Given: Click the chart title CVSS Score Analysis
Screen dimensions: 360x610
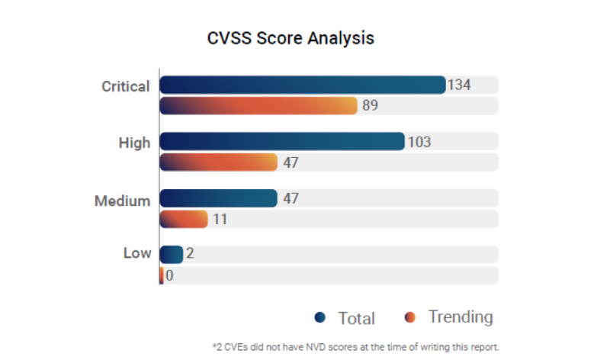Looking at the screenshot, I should [291, 37].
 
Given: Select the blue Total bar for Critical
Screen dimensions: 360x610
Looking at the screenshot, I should [302, 85].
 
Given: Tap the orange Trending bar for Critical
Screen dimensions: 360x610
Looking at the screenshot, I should [258, 105].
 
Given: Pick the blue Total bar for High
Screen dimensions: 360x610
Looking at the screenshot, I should [281, 141].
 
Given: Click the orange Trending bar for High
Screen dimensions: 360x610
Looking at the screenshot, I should [218, 162].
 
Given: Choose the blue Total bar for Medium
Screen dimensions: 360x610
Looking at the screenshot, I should [218, 198].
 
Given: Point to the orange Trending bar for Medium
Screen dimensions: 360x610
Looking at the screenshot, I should [183, 219].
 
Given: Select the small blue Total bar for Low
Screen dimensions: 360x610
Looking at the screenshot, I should [171, 254].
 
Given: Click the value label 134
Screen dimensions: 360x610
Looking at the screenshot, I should [459, 85].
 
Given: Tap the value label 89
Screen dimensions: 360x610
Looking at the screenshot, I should [371, 105].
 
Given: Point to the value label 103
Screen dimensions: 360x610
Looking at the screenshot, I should [419, 141].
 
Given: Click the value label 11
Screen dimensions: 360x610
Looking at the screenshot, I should [220, 219].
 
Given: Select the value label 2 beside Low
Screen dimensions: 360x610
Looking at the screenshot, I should [190, 254].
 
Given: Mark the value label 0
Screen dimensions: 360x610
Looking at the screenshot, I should [169, 275].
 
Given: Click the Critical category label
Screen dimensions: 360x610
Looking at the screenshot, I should [126, 86].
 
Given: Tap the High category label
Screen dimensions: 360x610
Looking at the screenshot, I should [134, 143].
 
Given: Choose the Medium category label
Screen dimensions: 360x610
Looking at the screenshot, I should [123, 201].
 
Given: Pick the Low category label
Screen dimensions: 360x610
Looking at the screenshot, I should [137, 253].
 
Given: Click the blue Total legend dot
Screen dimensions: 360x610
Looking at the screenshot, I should [320, 317].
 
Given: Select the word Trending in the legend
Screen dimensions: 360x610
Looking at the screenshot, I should [461, 317].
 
